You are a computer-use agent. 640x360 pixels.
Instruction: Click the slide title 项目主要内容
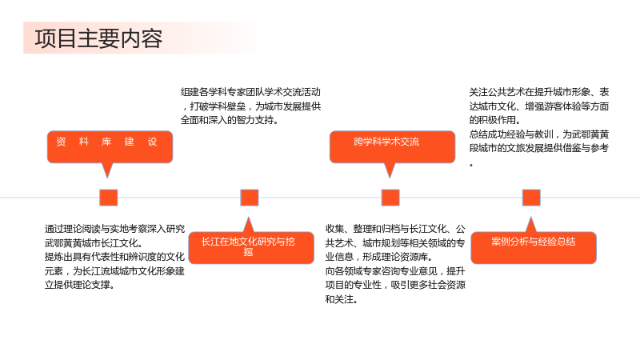coord(98,38)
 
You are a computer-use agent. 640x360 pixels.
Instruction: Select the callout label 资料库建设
coord(106,142)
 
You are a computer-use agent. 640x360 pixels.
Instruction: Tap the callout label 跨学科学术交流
coord(386,142)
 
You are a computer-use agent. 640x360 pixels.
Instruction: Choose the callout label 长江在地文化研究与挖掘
coord(248,246)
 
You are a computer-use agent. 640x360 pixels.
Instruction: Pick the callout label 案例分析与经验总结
coord(533,242)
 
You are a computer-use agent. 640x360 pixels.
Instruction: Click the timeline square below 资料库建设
coord(109,198)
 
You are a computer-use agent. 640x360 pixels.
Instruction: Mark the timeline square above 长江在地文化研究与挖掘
coord(250,198)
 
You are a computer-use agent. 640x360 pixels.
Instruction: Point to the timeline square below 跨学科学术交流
coord(390,198)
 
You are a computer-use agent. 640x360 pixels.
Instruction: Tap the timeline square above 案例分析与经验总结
coord(531,198)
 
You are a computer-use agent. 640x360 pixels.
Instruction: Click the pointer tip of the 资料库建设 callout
coord(107,178)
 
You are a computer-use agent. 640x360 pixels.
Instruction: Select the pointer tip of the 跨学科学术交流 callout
coord(390,178)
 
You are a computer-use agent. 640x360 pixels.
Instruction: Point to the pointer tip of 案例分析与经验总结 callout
coord(530,217)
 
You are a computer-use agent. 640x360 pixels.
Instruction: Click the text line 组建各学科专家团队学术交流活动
coord(250,92)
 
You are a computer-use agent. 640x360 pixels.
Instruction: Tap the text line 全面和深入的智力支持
coord(230,120)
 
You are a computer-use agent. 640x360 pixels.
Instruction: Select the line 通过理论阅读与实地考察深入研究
coord(114,229)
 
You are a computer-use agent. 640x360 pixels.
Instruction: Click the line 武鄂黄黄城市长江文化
coord(94,243)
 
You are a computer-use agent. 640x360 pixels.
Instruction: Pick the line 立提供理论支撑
coord(79,285)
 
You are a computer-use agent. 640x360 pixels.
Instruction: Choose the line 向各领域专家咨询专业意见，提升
coord(395,271)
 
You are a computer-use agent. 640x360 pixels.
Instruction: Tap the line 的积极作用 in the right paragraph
coord(494,120)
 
